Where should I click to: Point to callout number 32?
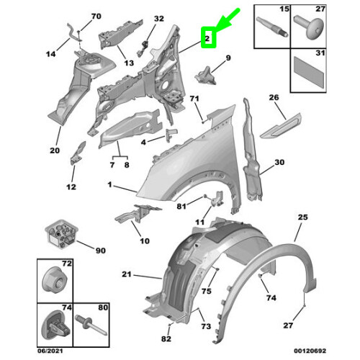159,18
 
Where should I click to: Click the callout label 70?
96,15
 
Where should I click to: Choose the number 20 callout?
54,150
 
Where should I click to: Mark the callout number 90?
100,250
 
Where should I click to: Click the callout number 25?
302,217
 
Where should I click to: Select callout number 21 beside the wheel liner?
126,274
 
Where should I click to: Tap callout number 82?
167,338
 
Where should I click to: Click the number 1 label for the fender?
110,185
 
